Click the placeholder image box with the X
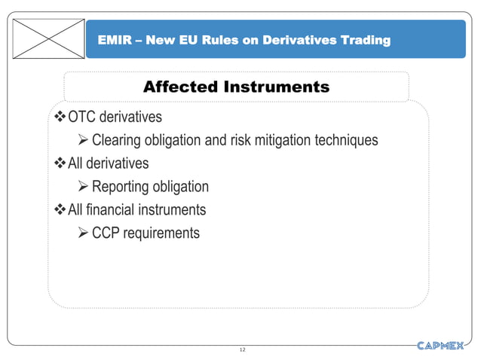(47, 38)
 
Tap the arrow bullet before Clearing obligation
(84, 141)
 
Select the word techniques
(345, 141)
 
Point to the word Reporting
(122, 187)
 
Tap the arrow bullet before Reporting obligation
(84, 187)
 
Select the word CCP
(106, 233)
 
